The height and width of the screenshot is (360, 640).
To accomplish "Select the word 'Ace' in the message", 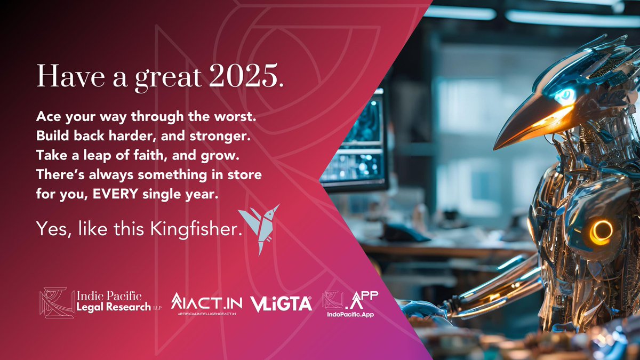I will [46, 116].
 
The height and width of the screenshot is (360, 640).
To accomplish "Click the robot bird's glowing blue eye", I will [564, 97].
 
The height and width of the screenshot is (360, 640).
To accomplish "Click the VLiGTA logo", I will [281, 303].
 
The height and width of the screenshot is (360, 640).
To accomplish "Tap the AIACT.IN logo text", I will [206, 302].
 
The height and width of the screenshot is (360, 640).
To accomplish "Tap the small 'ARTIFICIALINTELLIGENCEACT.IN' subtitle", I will [206, 316].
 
